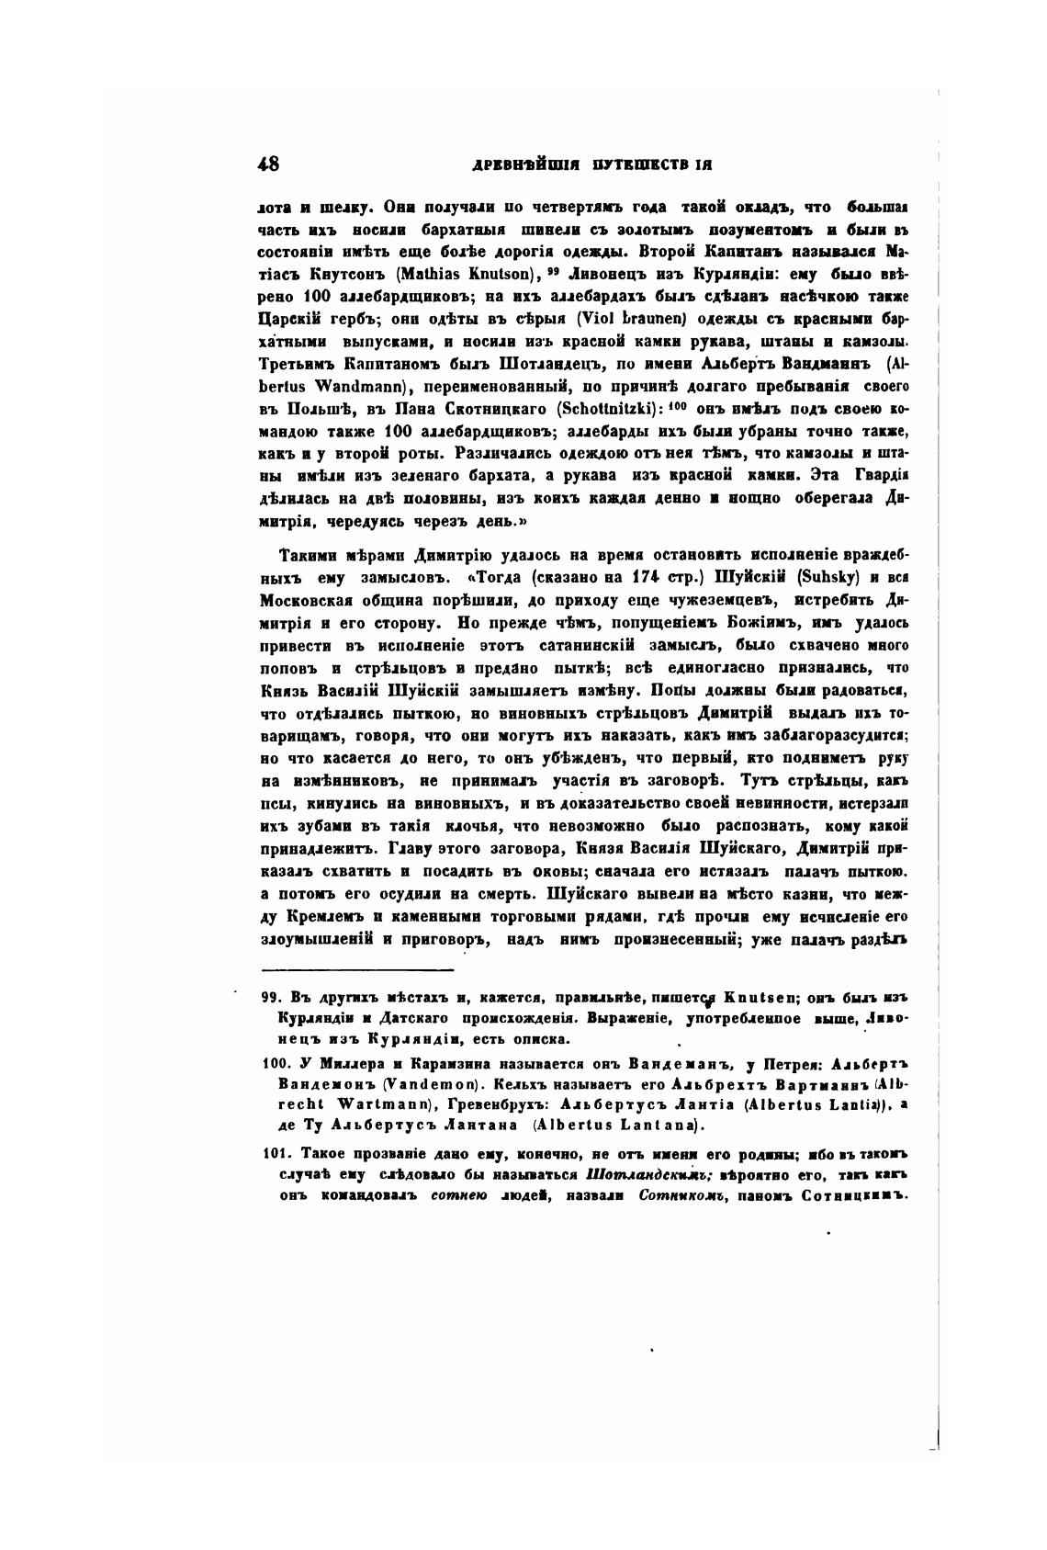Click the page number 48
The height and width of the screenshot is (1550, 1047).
[269, 164]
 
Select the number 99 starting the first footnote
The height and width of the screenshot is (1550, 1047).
[270, 998]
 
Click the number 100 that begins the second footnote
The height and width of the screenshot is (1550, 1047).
[275, 1064]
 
